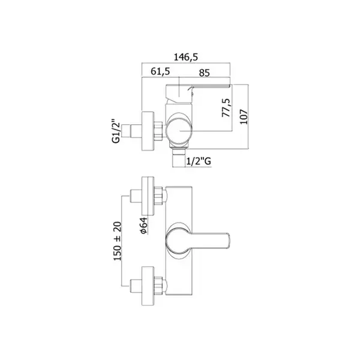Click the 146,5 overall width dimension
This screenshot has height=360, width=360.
coord(185,57)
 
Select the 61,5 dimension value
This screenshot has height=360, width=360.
coord(160,71)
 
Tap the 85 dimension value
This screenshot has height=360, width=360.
coord(205,73)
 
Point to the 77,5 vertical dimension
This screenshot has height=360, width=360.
coord(226,107)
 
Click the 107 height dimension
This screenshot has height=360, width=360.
coord(244,117)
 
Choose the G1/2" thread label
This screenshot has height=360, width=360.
coord(116,131)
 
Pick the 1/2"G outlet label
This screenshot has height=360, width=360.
coord(199,161)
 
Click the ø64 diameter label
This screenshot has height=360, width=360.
coord(144,226)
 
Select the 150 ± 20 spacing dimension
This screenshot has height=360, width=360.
coord(118,241)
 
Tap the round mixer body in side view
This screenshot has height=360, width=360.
coord(179,131)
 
